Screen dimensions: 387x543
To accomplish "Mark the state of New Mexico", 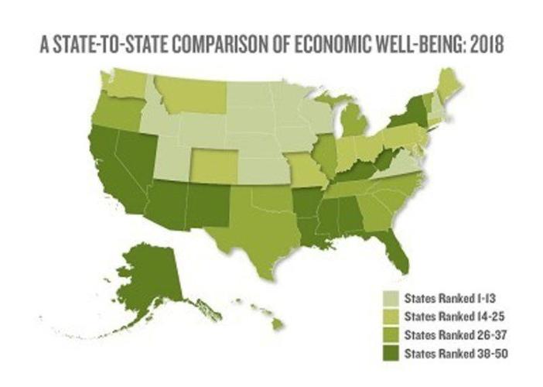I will (203, 205).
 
